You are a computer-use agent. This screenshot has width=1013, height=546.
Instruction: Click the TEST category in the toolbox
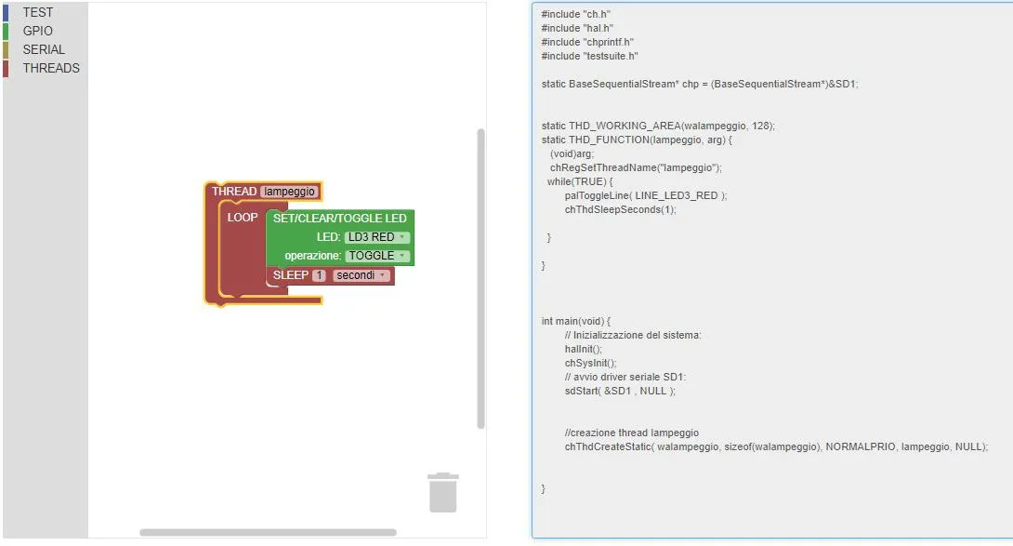pos(37,12)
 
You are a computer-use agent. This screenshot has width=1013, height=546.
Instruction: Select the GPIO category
pos(37,31)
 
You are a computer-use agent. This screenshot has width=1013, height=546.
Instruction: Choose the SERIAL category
pos(44,50)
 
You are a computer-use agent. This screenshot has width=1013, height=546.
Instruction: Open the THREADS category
pos(51,68)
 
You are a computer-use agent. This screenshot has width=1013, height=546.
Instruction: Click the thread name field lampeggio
pos(289,192)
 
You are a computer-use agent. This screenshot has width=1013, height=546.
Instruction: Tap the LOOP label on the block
pos(243,218)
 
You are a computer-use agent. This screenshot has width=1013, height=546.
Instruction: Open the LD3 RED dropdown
pos(376,237)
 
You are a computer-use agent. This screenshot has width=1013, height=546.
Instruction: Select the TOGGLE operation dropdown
pos(377,256)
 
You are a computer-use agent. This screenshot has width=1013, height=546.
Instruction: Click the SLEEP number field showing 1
pos(319,275)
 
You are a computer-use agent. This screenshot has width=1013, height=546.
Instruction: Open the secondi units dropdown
pos(362,275)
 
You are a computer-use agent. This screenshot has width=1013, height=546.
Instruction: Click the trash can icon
pos(443,492)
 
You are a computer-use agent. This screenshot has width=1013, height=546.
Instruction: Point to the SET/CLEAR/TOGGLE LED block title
pos(340,219)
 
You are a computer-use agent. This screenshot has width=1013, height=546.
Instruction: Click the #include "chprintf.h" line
pos(587,42)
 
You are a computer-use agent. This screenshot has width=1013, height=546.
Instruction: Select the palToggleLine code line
pos(645,195)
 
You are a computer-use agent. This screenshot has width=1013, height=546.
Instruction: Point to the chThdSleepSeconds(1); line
pos(620,209)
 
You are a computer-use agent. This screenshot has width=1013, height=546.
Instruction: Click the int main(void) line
pos(575,321)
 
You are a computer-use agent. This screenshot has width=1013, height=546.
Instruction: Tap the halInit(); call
pos(584,349)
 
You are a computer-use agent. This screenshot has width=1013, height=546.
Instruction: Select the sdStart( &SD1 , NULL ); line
pos(620,391)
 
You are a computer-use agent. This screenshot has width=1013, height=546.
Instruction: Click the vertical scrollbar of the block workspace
pos(480,278)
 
